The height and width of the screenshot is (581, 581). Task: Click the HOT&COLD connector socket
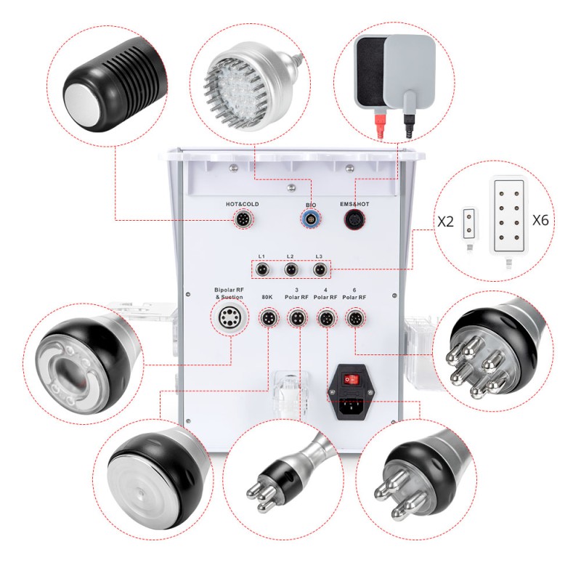tap(243, 219)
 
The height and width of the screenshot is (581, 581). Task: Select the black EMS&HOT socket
tap(354, 219)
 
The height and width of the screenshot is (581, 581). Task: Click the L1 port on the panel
tap(262, 269)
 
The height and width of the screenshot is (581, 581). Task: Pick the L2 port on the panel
tap(290, 269)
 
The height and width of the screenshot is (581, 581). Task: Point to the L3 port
tap(319, 269)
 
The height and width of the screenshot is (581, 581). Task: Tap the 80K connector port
tap(267, 318)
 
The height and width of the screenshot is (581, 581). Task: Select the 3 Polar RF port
tap(297, 318)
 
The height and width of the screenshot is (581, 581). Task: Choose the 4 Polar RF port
tap(325, 318)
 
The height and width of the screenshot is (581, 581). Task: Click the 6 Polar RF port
tap(355, 318)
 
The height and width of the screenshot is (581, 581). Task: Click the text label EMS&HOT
tap(354, 204)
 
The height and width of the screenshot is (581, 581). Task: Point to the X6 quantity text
tap(540, 221)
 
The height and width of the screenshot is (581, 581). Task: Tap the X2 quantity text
tap(446, 222)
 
